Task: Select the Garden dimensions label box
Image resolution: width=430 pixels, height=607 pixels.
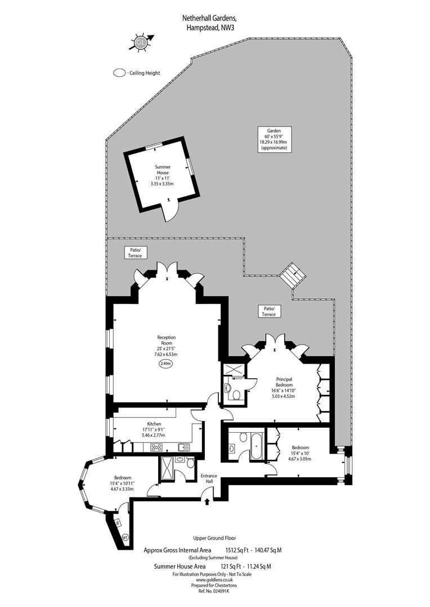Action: click(x=275, y=139)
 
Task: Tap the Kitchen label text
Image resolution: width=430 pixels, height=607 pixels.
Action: click(x=154, y=424)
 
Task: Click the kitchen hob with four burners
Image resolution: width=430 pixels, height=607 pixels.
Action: click(x=156, y=447)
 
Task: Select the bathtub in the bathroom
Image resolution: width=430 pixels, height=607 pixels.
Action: click(x=256, y=446)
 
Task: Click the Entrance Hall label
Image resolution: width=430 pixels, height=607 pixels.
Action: click(x=209, y=478)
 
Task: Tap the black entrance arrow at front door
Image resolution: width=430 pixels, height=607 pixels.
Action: click(x=208, y=501)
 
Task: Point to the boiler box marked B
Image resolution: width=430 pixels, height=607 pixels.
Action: click(x=118, y=523)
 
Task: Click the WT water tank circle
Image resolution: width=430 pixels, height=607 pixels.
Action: click(x=125, y=537)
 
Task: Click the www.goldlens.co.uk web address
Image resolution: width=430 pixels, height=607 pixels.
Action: click(x=214, y=579)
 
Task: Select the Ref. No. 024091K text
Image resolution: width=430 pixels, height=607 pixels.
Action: click(x=214, y=591)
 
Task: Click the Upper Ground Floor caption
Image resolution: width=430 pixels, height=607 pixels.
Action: click(x=214, y=538)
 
